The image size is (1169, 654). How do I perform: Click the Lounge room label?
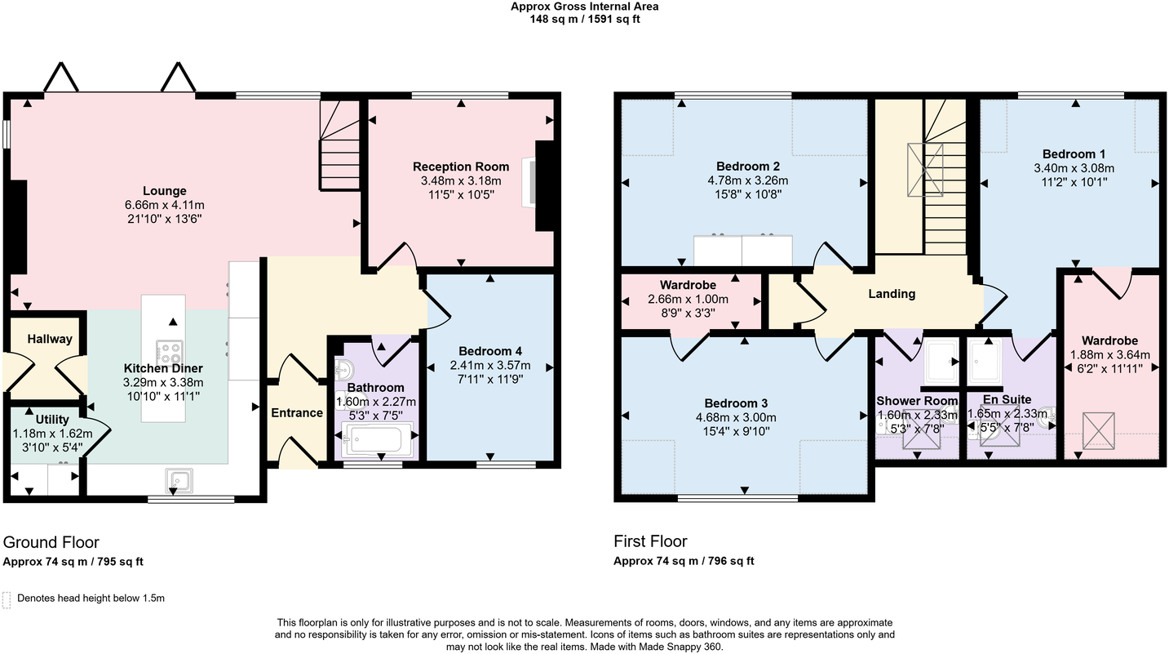(166, 191)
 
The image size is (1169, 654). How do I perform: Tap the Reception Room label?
(460, 167)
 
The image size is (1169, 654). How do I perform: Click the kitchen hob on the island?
(170, 354)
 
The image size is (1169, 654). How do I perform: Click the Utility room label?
(52, 420)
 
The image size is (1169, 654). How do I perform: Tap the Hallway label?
(50, 339)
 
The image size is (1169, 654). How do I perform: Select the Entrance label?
(297, 412)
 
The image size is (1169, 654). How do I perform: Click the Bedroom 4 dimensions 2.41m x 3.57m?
(489, 365)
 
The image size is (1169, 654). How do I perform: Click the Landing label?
(892, 294)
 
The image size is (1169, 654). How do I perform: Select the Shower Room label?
(917, 401)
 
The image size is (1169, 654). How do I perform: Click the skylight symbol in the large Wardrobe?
(1098, 430)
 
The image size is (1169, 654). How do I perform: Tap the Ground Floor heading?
(51, 542)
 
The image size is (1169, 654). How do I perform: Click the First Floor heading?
(650, 541)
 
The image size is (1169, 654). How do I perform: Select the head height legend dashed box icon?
(7, 600)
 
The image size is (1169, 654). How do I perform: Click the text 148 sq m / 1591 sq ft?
(584, 19)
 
